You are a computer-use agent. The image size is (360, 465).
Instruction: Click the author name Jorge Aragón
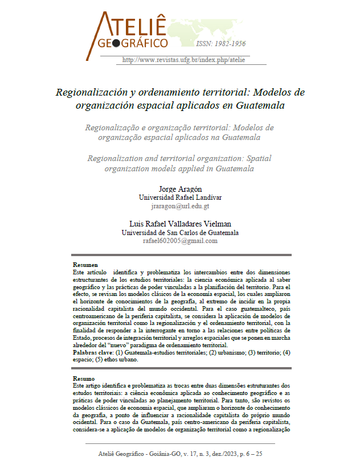pos(180,188)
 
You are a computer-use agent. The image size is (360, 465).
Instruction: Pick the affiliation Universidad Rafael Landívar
pos(180,197)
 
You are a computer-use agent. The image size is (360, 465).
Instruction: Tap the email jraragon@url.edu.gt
pos(180,206)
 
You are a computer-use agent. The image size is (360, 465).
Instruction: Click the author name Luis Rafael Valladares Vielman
pos(180,224)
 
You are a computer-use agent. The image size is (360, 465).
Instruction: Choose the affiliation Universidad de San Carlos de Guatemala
pos(180,232)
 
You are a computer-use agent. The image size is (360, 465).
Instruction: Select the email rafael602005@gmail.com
pos(180,241)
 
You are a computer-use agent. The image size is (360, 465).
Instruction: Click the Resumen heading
pos(85,265)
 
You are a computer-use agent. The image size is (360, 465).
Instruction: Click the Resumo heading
pos(84,378)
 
